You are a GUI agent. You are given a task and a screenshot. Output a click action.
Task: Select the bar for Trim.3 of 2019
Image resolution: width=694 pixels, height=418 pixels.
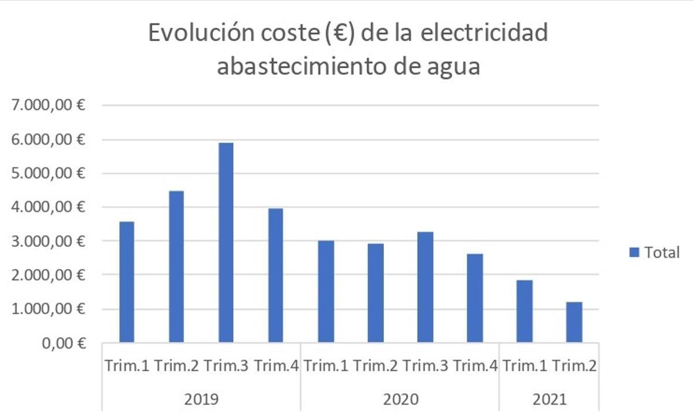pyautogui.click(x=226, y=243)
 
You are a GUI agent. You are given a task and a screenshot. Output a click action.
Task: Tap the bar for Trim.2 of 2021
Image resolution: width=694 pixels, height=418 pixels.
pyautogui.click(x=574, y=322)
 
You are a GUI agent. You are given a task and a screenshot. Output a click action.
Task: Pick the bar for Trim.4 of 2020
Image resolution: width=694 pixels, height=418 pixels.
pyautogui.click(x=475, y=298)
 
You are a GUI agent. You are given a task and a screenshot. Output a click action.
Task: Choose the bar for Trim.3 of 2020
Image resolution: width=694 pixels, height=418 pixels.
pyautogui.click(x=425, y=287)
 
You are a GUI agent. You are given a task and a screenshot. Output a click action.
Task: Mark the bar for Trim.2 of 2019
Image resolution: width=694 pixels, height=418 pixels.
pyautogui.click(x=176, y=266)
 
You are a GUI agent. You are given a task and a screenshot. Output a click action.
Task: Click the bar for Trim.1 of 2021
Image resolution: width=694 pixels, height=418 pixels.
pyautogui.click(x=525, y=311)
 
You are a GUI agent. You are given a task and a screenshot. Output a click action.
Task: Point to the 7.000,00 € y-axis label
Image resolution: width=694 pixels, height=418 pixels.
pyautogui.click(x=46, y=106)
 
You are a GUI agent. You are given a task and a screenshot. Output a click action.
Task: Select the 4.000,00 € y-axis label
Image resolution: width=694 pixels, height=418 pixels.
pyautogui.click(x=46, y=207)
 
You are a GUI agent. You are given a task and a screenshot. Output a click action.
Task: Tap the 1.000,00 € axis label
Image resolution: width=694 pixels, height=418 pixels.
pyautogui.click(x=46, y=309)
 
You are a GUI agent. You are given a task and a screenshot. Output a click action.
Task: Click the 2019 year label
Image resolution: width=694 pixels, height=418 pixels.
pyautogui.click(x=201, y=399)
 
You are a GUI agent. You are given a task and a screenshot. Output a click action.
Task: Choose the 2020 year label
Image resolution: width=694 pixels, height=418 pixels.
pyautogui.click(x=400, y=399)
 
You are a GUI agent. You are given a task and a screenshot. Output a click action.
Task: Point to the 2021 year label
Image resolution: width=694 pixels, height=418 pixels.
pyautogui.click(x=549, y=399)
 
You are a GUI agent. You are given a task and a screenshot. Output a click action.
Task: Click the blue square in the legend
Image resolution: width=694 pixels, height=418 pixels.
pyautogui.click(x=634, y=252)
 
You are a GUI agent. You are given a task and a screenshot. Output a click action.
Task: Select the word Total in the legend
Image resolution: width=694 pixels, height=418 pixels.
pyautogui.click(x=662, y=252)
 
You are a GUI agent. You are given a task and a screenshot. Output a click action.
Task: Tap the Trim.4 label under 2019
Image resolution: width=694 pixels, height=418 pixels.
pyautogui.click(x=276, y=366)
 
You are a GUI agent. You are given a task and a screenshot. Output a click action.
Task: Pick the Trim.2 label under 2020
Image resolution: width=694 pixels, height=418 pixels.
pyautogui.click(x=375, y=366)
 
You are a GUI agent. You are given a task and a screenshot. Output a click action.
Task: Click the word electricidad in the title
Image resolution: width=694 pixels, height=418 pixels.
pyautogui.click(x=483, y=34)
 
